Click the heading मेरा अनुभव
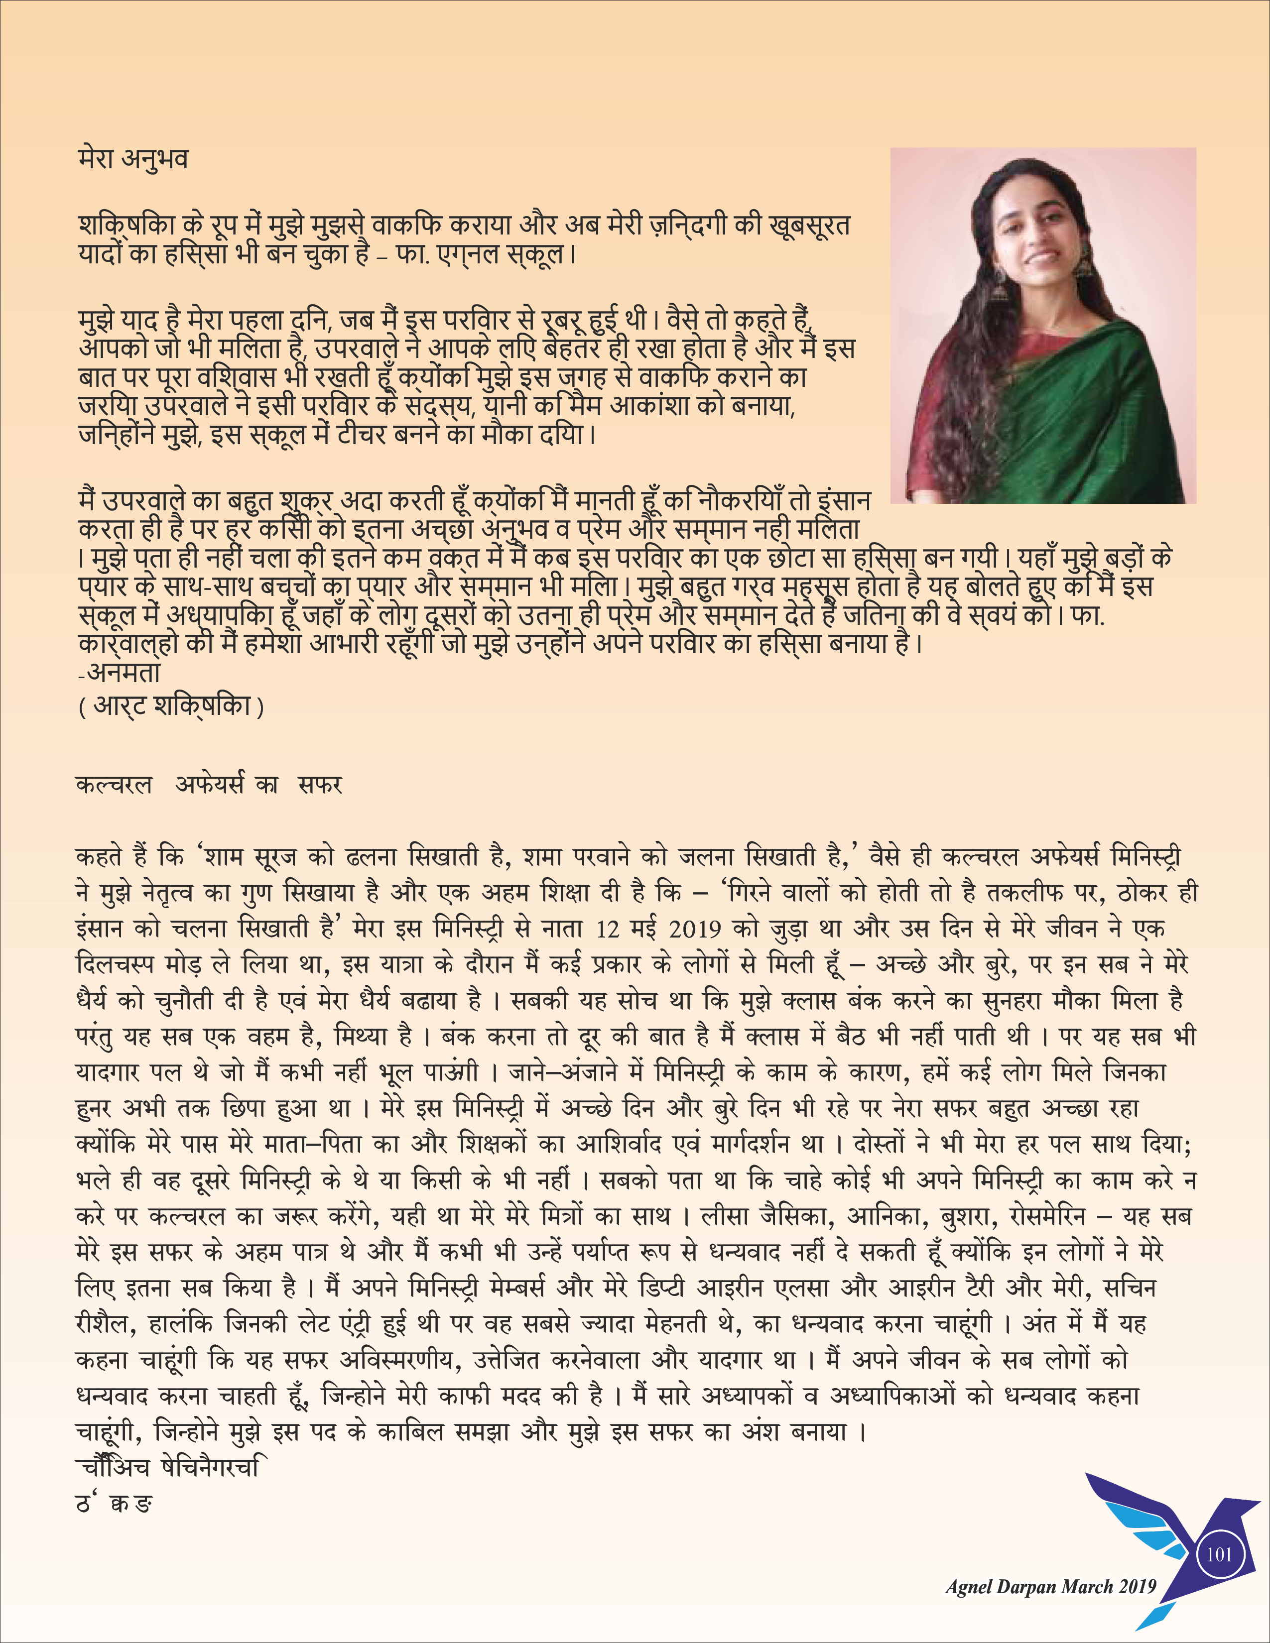pos(133,159)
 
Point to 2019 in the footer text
pos(1136,1587)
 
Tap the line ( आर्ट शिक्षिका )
pos(171,706)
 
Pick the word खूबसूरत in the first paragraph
pos(809,225)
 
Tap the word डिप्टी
pos(661,1289)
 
